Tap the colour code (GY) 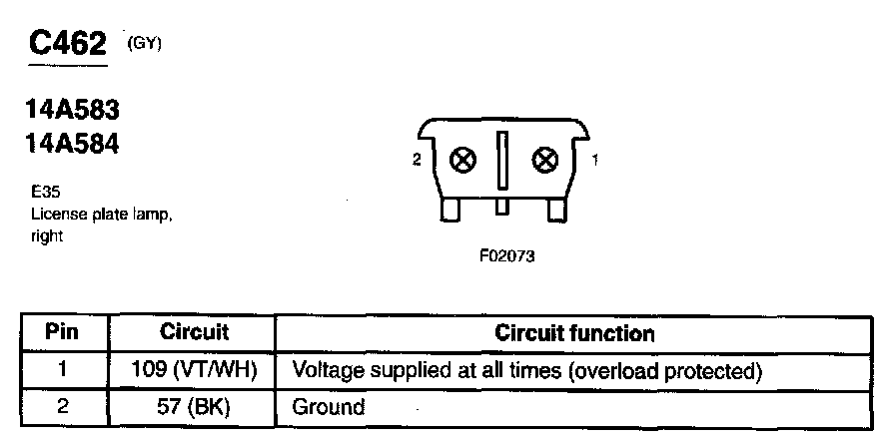(144, 43)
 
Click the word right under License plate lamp (47, 237)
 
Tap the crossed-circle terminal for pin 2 (463, 160)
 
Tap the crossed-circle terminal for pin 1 (545, 160)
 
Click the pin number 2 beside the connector (418, 160)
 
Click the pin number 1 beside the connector (596, 160)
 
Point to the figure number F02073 (507, 256)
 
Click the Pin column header (62, 333)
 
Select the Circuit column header (195, 333)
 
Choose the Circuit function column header (574, 333)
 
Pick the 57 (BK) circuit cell (195, 407)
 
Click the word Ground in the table (328, 407)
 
